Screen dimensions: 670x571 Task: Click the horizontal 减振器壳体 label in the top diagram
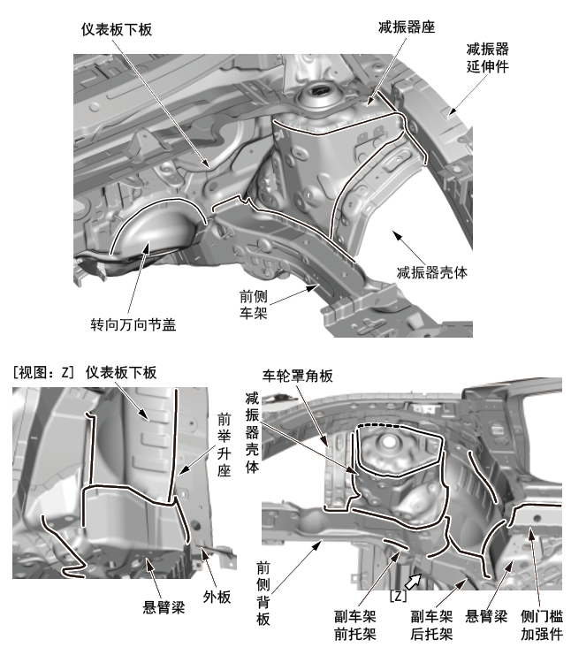point(431,272)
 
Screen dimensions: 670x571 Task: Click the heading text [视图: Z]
point(44,372)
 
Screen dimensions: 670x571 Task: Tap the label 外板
point(217,597)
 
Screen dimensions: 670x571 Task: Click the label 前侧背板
point(263,593)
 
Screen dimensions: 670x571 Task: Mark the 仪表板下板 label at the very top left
point(116,29)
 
